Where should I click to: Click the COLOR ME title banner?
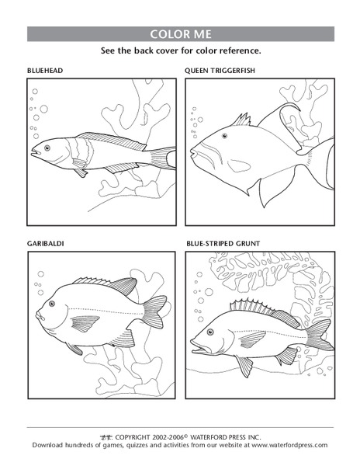tap(180, 34)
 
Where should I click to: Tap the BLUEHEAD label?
tap(44, 71)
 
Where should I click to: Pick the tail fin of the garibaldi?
tap(155, 311)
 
